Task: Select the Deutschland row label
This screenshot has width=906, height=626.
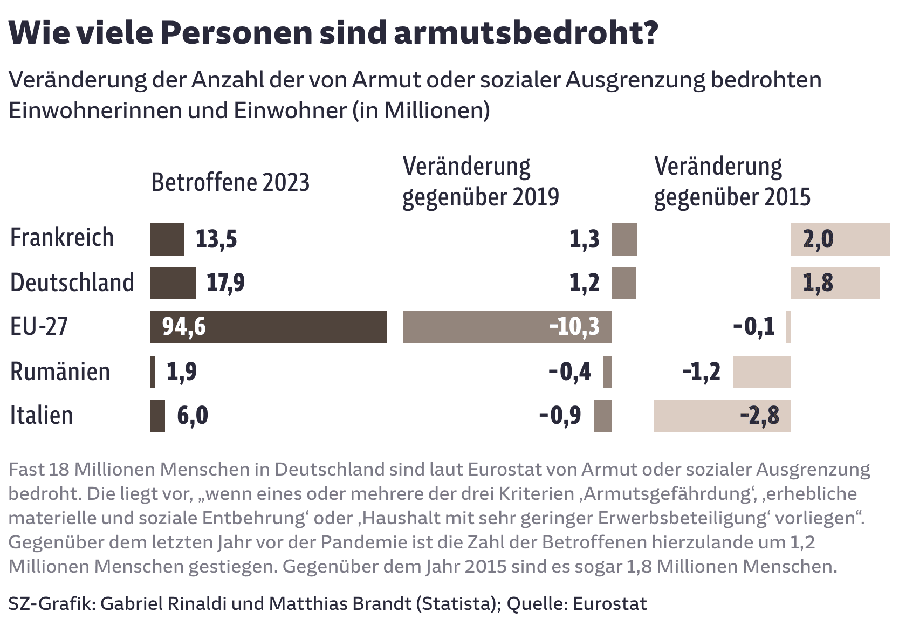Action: coord(72,283)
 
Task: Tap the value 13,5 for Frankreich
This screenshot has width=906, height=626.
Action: coord(216,239)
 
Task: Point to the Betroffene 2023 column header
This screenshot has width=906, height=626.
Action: coord(230,183)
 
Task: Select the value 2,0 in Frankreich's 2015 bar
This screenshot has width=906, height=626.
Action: coord(818,239)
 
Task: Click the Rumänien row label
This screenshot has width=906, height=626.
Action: coord(60,372)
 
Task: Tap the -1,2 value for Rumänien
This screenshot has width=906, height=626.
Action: coord(701,372)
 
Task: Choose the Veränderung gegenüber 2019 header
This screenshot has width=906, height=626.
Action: coord(480,182)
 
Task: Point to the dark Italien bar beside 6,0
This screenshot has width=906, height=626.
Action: coord(157,416)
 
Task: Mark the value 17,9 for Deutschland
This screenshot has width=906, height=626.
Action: coord(225,283)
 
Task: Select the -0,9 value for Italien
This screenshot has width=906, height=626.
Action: coord(560,416)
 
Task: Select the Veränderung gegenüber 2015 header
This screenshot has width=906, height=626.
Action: coord(732,182)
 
